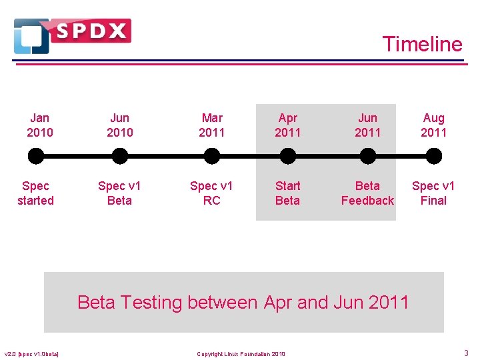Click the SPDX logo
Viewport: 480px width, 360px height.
(72, 35)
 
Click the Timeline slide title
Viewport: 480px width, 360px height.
(422, 44)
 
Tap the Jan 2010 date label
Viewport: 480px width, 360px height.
(40, 125)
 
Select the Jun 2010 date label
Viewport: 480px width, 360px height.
(120, 125)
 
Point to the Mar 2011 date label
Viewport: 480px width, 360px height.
(212, 125)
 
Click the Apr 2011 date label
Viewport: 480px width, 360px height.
(288, 125)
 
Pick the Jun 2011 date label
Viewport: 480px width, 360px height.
(367, 125)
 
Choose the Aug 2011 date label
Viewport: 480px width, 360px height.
(433, 125)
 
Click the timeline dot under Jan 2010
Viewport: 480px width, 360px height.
(36, 157)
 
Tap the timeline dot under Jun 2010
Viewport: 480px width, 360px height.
(120, 157)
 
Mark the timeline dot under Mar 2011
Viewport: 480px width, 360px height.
(212, 157)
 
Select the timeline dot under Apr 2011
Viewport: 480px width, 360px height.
(288, 157)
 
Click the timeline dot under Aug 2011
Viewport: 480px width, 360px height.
(433, 157)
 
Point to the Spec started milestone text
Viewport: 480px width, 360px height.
(36, 193)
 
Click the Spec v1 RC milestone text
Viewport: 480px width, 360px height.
(212, 193)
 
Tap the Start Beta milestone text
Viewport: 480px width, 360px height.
(288, 193)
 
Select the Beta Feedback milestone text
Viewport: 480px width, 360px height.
(367, 193)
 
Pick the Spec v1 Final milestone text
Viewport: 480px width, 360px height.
(433, 193)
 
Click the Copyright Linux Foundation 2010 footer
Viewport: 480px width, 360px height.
(241, 353)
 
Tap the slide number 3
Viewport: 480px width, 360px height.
(466, 353)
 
